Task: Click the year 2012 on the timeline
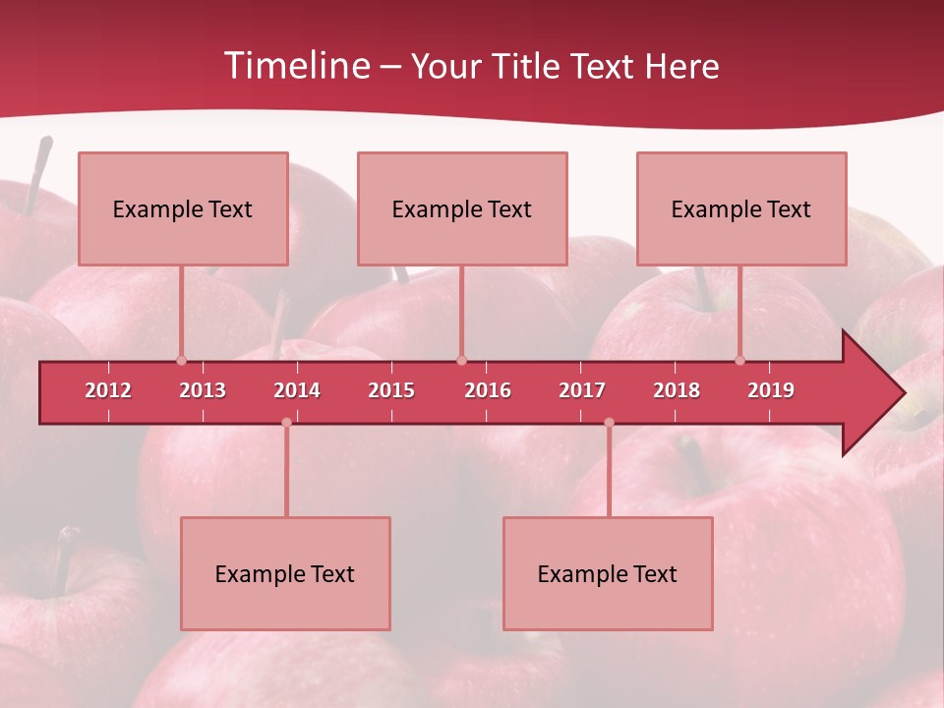[x=108, y=390]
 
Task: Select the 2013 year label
[x=203, y=390]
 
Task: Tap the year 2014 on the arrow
[x=297, y=390]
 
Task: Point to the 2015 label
[x=391, y=390]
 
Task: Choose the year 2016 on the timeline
[x=488, y=390]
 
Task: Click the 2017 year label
[x=582, y=390]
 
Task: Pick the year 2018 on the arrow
[x=677, y=390]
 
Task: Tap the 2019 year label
[x=771, y=390]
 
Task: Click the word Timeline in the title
[x=294, y=66]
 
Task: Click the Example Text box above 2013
[x=183, y=208]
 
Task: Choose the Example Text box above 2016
[x=462, y=208]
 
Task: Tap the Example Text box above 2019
[x=741, y=208]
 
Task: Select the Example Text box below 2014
[x=285, y=573]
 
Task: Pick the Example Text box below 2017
[x=608, y=573]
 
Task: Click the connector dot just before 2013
[x=181, y=360]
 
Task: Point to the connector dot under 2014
[x=286, y=422]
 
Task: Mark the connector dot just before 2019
[x=739, y=360]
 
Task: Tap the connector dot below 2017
[x=609, y=422]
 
